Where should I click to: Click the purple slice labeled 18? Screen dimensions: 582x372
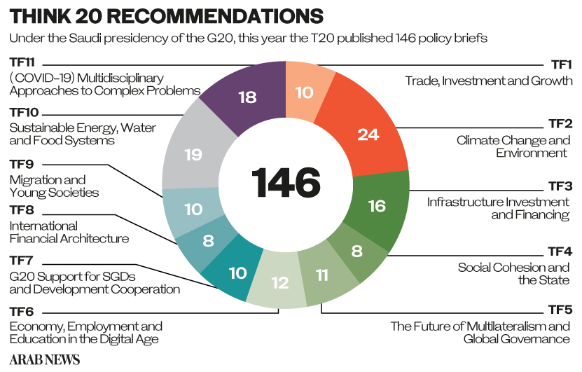248,97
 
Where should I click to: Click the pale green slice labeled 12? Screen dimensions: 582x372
279,284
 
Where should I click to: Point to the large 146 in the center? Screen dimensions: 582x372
286,182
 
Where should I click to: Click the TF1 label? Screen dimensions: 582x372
561,64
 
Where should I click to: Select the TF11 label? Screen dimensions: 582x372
22,62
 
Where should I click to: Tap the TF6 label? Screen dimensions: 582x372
22,311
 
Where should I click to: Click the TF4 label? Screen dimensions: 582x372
560,252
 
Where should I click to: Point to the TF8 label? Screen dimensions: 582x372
22,210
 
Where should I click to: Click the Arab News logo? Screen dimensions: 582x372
45,359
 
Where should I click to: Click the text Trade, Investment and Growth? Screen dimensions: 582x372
489,81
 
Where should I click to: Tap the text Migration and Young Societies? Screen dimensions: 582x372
54,186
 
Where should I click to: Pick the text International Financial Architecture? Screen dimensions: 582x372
69,232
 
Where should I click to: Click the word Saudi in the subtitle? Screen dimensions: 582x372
85,38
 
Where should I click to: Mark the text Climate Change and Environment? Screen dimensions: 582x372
513,146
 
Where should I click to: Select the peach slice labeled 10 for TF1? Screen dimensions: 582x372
305,92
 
